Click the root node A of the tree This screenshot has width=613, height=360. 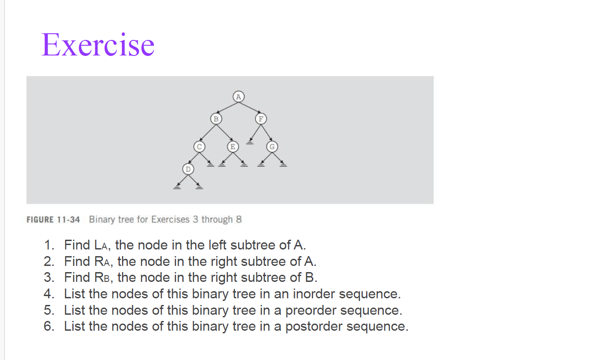click(x=239, y=96)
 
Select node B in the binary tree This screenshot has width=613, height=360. click(x=216, y=119)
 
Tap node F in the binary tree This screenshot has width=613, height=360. click(x=261, y=119)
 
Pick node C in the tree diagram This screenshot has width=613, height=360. click(x=199, y=146)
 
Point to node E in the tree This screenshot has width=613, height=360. click(x=232, y=146)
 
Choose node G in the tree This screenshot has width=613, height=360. click(x=272, y=146)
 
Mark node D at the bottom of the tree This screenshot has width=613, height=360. click(x=188, y=169)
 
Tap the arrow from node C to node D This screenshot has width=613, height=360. click(x=193, y=158)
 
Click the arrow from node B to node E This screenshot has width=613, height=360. click(x=224, y=132)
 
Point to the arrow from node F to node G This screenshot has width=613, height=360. click(x=267, y=132)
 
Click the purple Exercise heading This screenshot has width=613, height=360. click(x=98, y=45)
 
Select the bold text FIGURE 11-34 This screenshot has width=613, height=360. click(x=53, y=220)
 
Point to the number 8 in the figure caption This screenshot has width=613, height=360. click(x=239, y=220)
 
